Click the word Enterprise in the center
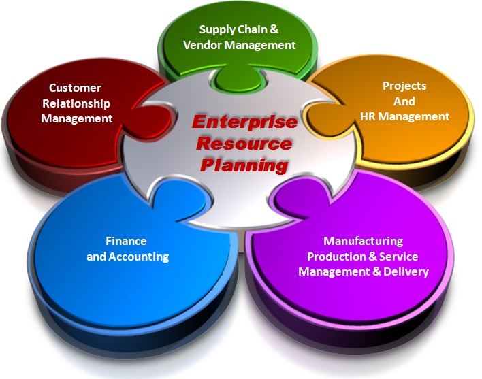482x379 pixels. pos(244,122)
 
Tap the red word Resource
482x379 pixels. pos(244,144)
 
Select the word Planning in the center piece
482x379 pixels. pos(244,166)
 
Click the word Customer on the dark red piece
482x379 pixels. pos(75,88)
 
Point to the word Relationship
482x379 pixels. pos(76,103)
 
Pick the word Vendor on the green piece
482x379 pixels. pos(203,45)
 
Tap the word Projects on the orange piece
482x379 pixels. pos(404,86)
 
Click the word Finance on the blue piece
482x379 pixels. pos(126,241)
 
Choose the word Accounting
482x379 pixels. pos(139,257)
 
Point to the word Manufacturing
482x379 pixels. pos(364,241)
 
